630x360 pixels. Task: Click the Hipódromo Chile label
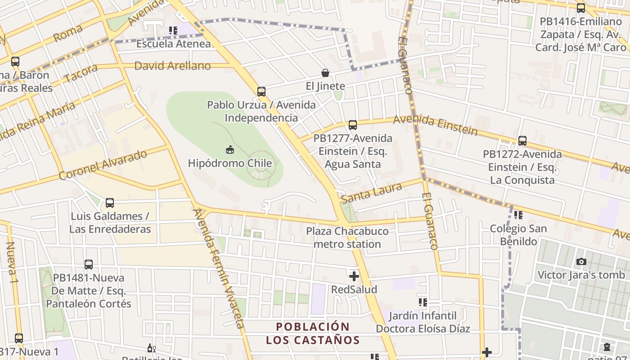pyautogui.click(x=229, y=163)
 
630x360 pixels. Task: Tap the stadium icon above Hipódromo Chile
pyautogui.click(x=229, y=149)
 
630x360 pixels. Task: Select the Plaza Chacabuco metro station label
pyautogui.click(x=347, y=238)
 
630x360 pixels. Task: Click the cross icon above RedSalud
pyautogui.click(x=354, y=276)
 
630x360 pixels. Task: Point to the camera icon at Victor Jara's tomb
pyautogui.click(x=581, y=261)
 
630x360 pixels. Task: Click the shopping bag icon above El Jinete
pyautogui.click(x=325, y=73)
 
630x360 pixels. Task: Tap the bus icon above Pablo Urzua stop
pyautogui.click(x=261, y=92)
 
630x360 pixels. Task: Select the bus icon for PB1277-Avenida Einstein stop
pyautogui.click(x=353, y=125)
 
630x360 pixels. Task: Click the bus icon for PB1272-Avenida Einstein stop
pyautogui.click(x=522, y=141)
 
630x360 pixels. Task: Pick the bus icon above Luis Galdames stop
pyautogui.click(x=109, y=203)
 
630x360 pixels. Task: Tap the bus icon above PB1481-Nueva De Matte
pyautogui.click(x=89, y=265)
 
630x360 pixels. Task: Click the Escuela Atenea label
pyautogui.click(x=173, y=44)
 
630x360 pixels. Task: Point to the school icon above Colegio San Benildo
pyautogui.click(x=518, y=215)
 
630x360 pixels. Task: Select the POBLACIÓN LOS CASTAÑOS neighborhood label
pyautogui.click(x=313, y=333)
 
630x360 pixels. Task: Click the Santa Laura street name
pyautogui.click(x=371, y=193)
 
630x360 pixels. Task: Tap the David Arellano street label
pyautogui.click(x=172, y=66)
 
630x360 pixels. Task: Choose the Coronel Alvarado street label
pyautogui.click(x=103, y=165)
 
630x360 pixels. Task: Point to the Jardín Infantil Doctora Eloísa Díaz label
pyautogui.click(x=423, y=322)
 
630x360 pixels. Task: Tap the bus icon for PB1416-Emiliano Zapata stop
pyautogui.click(x=581, y=8)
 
